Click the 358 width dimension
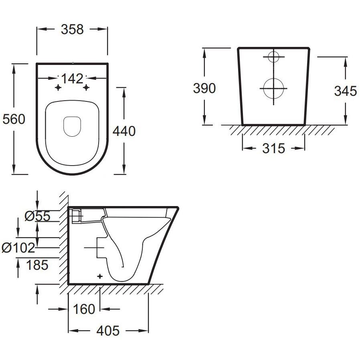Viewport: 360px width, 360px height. coord(72,30)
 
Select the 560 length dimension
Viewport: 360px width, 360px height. coord(14,119)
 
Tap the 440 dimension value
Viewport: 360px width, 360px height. coord(124,131)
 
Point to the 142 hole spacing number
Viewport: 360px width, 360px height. coord(72,79)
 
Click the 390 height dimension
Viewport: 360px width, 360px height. coord(204,88)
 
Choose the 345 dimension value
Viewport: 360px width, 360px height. coord(346,91)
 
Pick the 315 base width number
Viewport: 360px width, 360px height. coord(274,148)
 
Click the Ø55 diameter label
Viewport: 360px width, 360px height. coord(37,216)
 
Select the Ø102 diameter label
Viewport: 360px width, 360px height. coord(18,248)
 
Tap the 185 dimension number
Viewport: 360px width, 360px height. coord(37,265)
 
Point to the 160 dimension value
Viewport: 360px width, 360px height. coord(84,309)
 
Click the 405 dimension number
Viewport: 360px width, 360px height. coord(108,331)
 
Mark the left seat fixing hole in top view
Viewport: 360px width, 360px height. coord(58,87)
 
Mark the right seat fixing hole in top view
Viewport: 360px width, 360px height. coord(86,87)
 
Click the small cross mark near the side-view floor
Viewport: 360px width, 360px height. coord(100,276)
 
